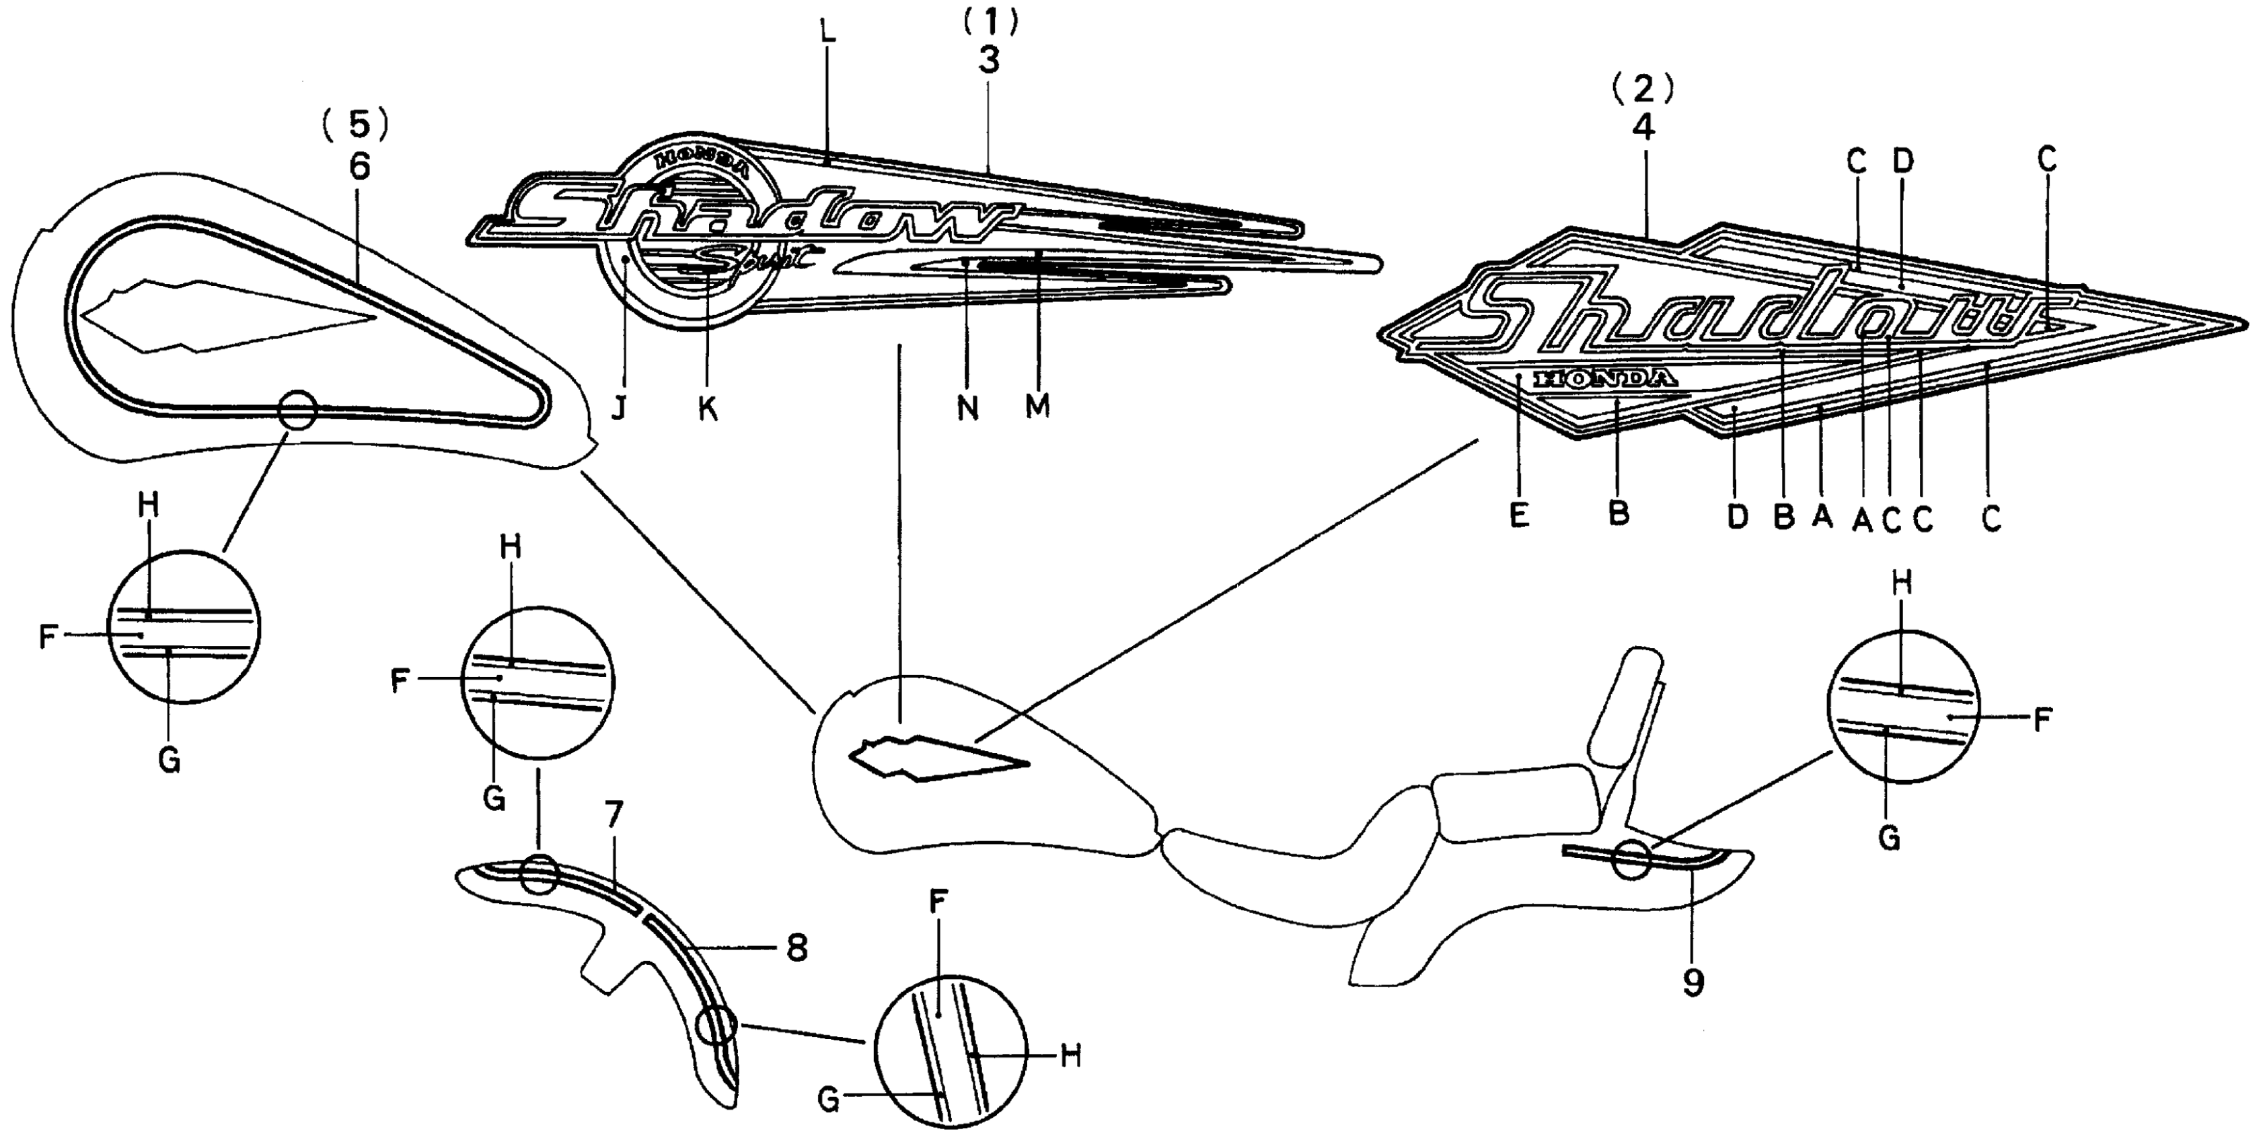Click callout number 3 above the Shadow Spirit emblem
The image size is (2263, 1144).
pos(988,61)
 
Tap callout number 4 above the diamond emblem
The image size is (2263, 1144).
pos(1642,127)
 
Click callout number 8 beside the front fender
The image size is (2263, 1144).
pos(796,949)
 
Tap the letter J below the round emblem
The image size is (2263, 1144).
pos(620,408)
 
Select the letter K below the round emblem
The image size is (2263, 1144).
pos(707,408)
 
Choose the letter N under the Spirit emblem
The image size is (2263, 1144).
pos(967,408)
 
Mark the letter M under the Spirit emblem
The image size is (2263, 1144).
pos(1037,407)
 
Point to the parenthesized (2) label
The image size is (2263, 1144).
pos(1642,86)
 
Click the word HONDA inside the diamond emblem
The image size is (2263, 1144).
pos(1602,379)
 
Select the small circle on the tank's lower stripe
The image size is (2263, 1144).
pos(298,410)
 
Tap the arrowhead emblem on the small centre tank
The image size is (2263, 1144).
pos(931,757)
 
